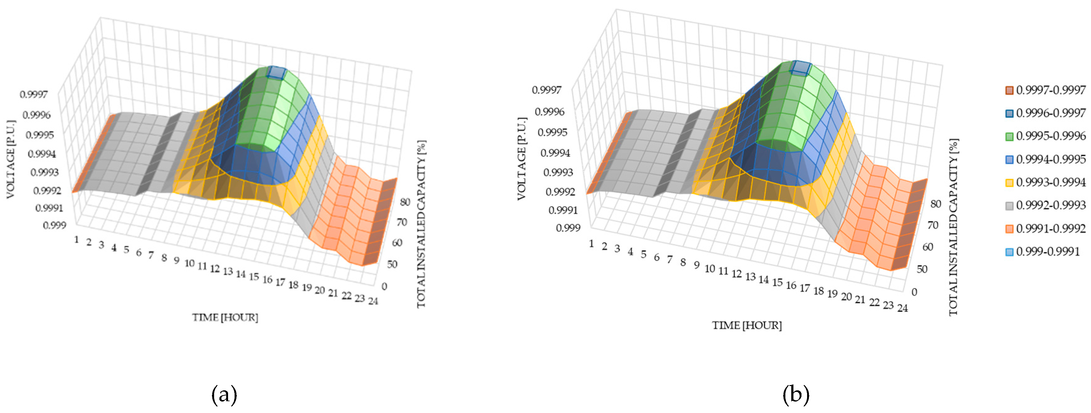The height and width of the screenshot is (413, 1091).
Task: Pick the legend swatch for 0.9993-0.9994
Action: click(1010, 182)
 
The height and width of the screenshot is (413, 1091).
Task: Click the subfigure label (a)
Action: click(224, 395)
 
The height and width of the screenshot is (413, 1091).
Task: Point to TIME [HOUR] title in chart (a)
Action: click(225, 317)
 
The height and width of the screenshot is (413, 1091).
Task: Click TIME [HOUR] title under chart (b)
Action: click(747, 325)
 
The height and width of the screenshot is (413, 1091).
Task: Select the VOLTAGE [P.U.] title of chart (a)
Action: click(11, 159)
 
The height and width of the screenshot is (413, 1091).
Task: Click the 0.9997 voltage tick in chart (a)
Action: click(34, 94)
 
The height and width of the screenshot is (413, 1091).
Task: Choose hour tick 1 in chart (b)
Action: click(591, 244)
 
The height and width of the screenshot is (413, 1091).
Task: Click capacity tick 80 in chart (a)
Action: click(405, 202)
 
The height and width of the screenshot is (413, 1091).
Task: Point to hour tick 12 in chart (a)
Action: click(215, 268)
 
